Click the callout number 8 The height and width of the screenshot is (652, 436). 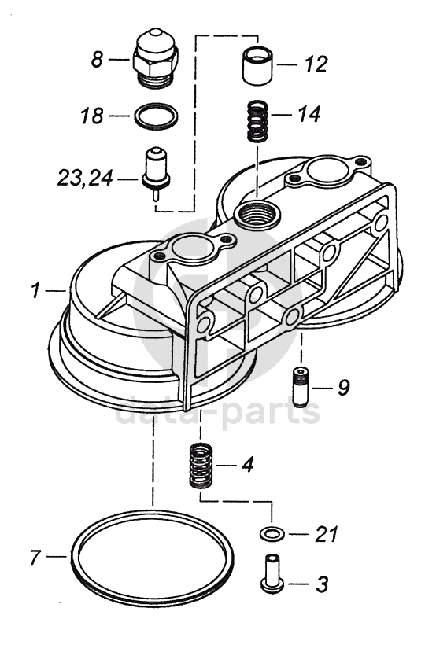tap(97, 60)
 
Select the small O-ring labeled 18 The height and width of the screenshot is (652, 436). tap(157, 115)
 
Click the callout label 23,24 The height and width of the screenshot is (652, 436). tap(85, 179)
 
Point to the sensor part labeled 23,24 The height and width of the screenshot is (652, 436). tap(156, 171)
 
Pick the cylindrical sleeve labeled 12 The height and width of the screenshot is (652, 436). tap(257, 67)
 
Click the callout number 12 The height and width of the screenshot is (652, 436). tap(316, 64)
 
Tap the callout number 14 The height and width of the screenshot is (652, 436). tap(309, 114)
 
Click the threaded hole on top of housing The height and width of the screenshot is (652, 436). tap(257, 215)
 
